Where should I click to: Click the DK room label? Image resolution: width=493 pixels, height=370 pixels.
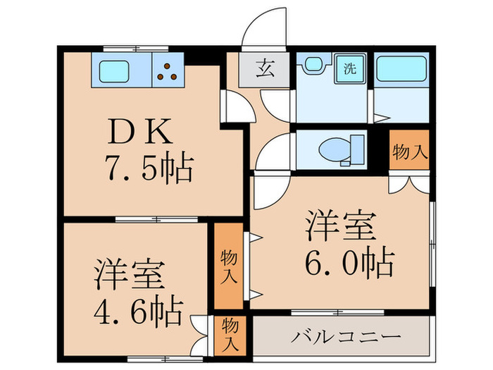tap(138, 132)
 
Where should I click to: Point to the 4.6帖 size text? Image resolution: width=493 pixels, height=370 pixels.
tap(138, 308)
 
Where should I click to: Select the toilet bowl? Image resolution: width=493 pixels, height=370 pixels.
tap(337, 149)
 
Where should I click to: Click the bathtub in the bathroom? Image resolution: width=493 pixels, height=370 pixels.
tap(401, 70)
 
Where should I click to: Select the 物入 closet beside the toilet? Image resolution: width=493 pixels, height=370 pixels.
tap(410, 150)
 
